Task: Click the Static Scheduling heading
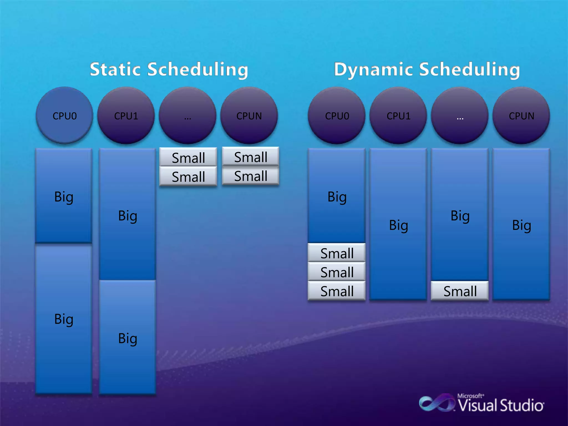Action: [169, 69]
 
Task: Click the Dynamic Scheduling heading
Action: [427, 69]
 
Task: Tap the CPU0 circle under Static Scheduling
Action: [64, 115]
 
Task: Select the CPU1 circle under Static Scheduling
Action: [126, 115]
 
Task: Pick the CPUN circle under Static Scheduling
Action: [249, 115]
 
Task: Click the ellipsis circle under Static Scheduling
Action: [187, 115]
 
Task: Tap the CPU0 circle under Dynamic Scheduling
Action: [337, 115]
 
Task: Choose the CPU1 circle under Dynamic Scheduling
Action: [398, 115]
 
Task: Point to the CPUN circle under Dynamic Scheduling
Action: [521, 115]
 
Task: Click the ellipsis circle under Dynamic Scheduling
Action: [460, 115]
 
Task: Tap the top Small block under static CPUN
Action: [250, 157]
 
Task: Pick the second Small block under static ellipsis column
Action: [188, 176]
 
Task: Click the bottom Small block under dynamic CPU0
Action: [337, 291]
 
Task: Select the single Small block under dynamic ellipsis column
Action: [460, 291]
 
